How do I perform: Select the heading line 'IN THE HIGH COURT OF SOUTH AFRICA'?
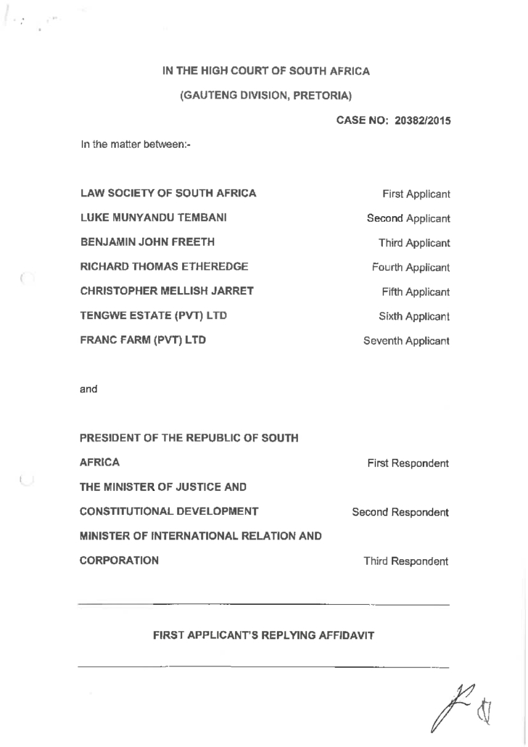pyautogui.click(x=266, y=71)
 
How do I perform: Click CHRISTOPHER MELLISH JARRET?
pyautogui.click(x=166, y=292)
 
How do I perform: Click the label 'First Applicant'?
pyautogui.click(x=416, y=194)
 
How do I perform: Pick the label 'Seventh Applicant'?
pyautogui.click(x=406, y=341)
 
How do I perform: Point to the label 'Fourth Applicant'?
pyautogui.click(x=411, y=268)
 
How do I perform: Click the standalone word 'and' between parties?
pyautogui.click(x=88, y=389)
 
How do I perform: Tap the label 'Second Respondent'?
pyautogui.click(x=400, y=513)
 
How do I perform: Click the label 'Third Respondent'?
pyautogui.click(x=406, y=561)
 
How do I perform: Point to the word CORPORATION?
pyautogui.click(x=119, y=561)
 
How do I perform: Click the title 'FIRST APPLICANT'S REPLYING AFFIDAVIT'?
pyautogui.click(x=263, y=636)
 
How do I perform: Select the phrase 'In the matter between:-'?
pyautogui.click(x=135, y=146)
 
